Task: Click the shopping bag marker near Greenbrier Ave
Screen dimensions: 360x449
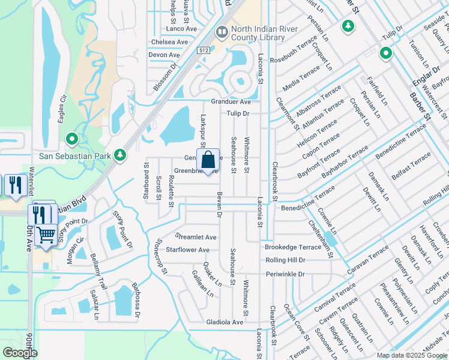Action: (x=208, y=161)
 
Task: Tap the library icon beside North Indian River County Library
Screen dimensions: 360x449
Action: (x=221, y=31)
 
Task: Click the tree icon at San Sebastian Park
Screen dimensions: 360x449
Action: (x=120, y=155)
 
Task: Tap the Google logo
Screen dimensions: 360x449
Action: (x=20, y=353)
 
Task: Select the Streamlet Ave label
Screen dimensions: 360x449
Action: (x=195, y=238)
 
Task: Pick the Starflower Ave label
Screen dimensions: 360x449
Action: (x=187, y=250)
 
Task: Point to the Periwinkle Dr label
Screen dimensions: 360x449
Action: (x=286, y=274)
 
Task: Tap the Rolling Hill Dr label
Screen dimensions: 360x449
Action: (x=286, y=260)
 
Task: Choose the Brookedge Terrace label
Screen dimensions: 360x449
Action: (x=294, y=247)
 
